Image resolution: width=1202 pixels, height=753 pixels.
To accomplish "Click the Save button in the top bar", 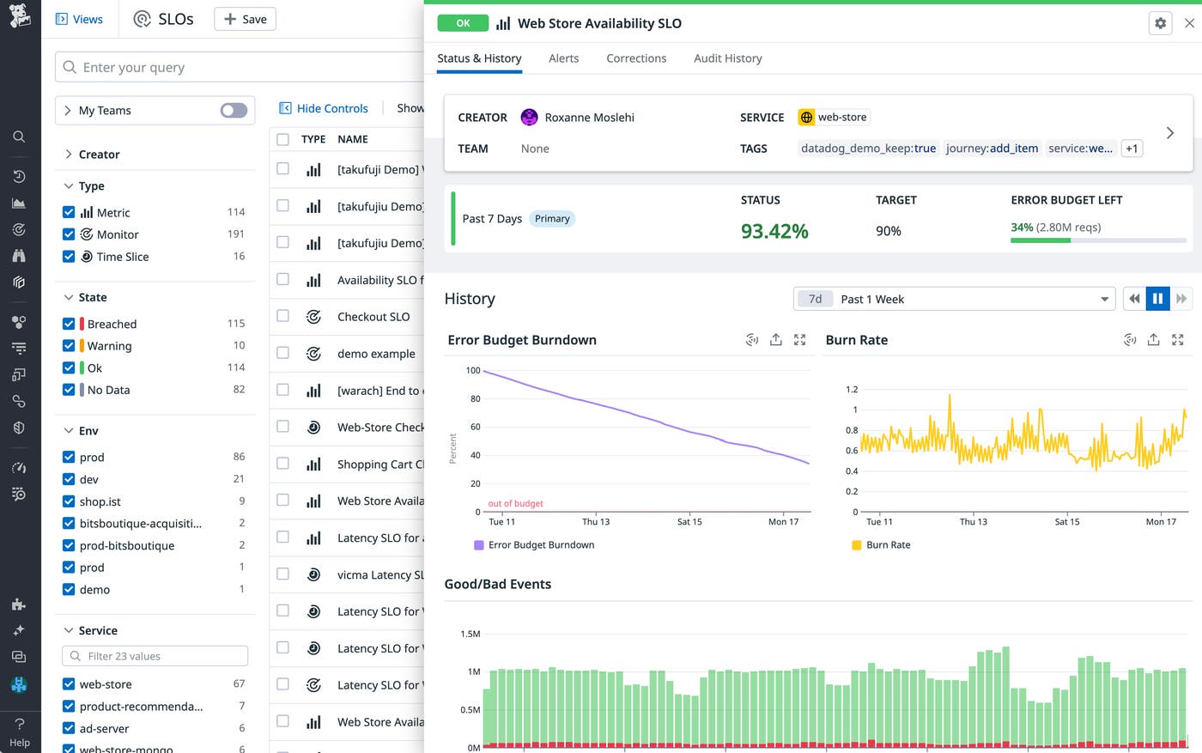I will tap(245, 19).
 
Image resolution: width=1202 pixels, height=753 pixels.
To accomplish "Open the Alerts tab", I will tap(563, 58).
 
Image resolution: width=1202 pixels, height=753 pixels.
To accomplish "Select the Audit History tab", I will tap(727, 58).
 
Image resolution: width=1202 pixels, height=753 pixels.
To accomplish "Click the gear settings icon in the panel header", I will tap(1160, 23).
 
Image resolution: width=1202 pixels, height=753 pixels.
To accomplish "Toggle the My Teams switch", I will tap(234, 110).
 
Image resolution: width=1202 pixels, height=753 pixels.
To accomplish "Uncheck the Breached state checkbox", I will tap(69, 324).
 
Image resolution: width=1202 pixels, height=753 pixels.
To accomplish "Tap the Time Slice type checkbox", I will tap(69, 257).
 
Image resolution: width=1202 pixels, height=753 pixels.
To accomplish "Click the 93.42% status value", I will tap(774, 231).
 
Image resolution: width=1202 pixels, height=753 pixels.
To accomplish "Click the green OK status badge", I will tap(463, 23).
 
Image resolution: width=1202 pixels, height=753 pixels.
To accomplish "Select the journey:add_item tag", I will tap(992, 149).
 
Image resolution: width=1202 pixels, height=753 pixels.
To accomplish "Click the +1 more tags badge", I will tap(1132, 149).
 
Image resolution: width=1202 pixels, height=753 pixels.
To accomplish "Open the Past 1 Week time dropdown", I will tap(954, 299).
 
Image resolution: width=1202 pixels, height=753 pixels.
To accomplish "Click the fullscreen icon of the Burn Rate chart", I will tap(1177, 340).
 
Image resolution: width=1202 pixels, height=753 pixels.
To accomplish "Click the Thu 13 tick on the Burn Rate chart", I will tap(973, 522).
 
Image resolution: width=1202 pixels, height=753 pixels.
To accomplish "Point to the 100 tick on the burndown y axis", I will tap(473, 370).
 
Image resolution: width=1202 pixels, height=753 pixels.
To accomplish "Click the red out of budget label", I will tap(515, 504).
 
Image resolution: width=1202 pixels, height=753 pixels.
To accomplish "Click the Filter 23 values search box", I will tap(155, 656).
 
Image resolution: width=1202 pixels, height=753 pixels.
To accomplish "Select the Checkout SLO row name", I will tap(373, 317).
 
